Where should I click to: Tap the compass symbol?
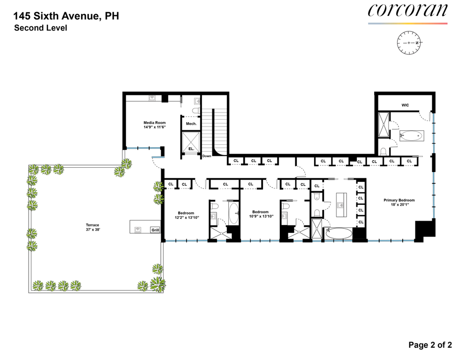click(409, 43)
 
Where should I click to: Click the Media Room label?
click(155, 122)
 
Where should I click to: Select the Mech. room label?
click(191, 124)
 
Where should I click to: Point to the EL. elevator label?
click(191, 149)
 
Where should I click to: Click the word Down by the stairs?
click(207, 156)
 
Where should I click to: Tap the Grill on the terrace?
click(155, 230)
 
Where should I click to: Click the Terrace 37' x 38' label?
click(92, 227)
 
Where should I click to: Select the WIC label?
click(405, 105)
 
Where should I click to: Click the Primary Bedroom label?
click(399, 200)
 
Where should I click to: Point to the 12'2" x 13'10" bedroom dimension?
click(187, 217)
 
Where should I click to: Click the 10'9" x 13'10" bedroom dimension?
click(261, 217)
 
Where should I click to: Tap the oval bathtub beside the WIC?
click(411, 136)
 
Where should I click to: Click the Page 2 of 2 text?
click(430, 345)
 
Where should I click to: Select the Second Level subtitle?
click(41, 28)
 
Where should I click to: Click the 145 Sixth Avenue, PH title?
click(66, 16)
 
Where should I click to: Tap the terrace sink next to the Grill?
click(138, 230)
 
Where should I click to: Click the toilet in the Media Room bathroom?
click(196, 111)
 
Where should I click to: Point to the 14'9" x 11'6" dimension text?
click(155, 127)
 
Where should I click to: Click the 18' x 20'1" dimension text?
click(399, 204)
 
